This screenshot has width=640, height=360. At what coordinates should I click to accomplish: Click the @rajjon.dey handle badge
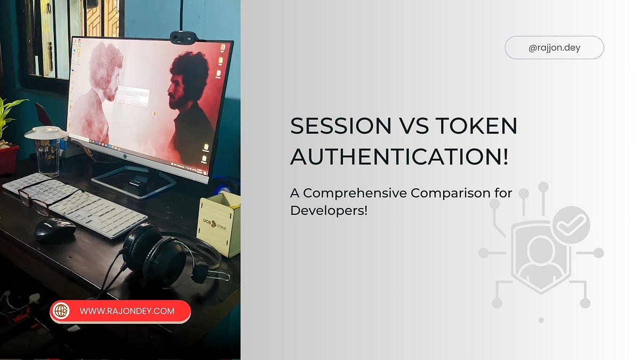point(554,47)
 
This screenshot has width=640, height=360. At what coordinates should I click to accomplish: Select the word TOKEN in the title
point(476,126)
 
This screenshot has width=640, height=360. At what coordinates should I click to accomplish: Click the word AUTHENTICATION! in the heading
point(399,157)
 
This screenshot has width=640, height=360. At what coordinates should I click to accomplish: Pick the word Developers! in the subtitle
point(329,210)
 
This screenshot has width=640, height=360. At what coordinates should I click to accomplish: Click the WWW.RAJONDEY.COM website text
point(127,311)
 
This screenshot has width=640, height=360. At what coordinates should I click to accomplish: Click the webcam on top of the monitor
point(182,37)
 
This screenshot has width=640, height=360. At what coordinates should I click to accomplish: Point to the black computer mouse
point(55,229)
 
